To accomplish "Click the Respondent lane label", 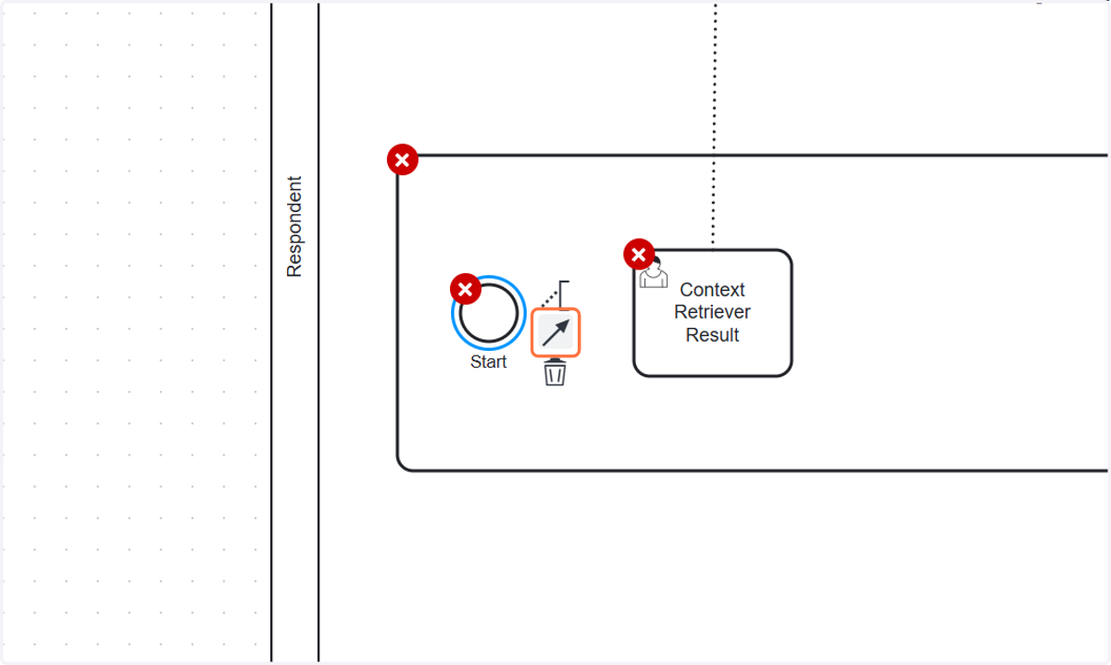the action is click(x=294, y=226).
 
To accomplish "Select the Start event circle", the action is click(x=489, y=313).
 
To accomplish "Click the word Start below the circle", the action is click(x=489, y=362).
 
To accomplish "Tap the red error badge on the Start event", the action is click(x=465, y=289).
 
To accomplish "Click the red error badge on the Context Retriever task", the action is click(x=639, y=255).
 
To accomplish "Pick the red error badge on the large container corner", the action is click(x=402, y=160).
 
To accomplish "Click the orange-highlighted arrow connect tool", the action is click(x=555, y=332).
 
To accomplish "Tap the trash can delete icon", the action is click(x=555, y=372).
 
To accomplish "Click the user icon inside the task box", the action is click(x=654, y=273).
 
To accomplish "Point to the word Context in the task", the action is click(x=712, y=289).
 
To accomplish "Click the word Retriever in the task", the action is click(x=712, y=312).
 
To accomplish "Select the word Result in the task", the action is click(x=712, y=335).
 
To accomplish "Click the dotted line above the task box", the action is click(x=714, y=124).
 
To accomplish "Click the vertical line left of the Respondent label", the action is click(x=271, y=332).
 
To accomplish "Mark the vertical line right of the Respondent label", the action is click(x=318, y=332).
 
